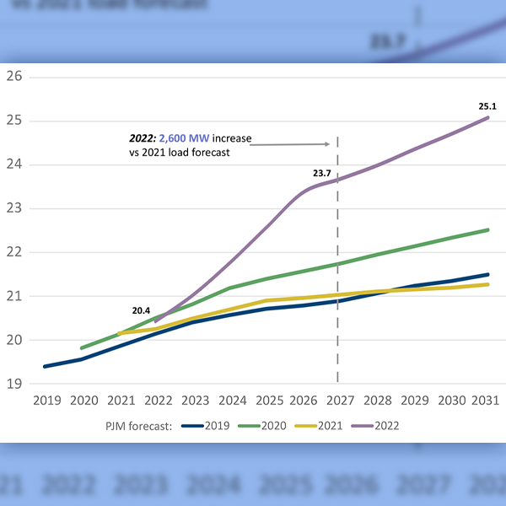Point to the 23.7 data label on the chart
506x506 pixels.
(x=322, y=174)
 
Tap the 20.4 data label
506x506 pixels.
(x=141, y=310)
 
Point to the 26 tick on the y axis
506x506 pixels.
(x=14, y=77)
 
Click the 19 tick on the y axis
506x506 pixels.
(x=14, y=384)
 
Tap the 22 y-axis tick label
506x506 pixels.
(x=14, y=252)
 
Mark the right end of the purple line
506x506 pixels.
(x=488, y=117)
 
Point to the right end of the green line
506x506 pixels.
(x=488, y=229)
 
